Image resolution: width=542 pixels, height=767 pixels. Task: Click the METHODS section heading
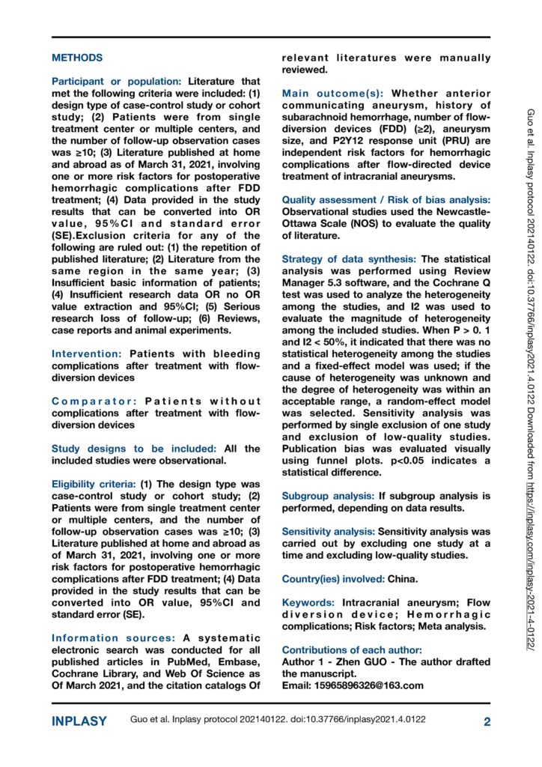(77, 58)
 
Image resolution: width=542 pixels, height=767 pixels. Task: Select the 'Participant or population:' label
(117, 81)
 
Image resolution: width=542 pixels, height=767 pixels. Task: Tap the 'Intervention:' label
(88, 354)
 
